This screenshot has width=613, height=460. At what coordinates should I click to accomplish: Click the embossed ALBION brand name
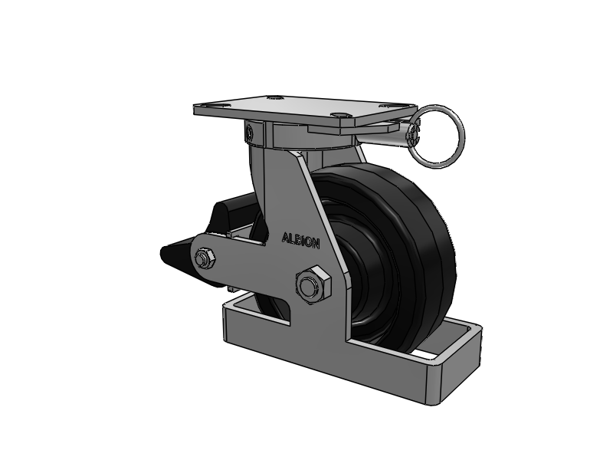(300, 241)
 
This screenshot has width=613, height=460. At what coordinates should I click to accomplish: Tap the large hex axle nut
(313, 285)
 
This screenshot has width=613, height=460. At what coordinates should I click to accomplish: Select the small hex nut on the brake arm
(205, 258)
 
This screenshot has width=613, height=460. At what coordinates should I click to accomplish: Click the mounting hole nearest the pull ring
(386, 105)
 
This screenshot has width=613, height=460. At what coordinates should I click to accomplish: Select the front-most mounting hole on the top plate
(339, 114)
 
